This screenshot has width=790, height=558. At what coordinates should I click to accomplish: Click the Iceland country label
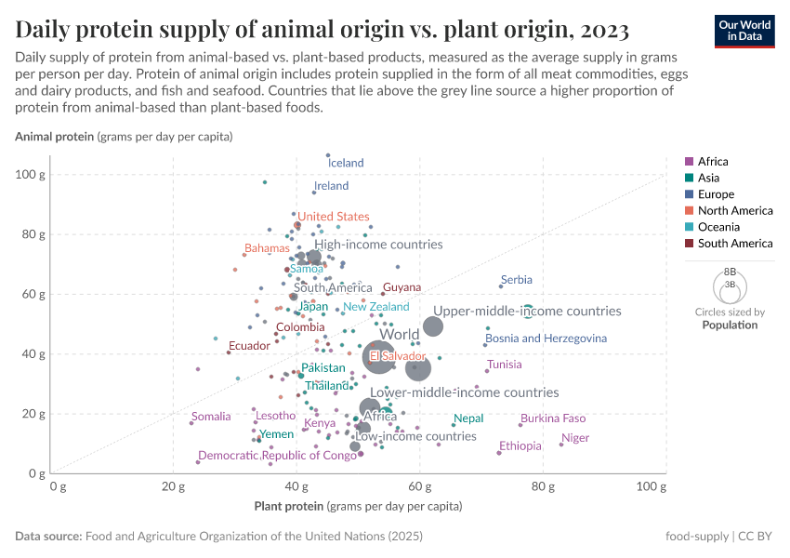pos(346,163)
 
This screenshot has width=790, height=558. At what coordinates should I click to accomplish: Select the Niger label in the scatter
pos(575,438)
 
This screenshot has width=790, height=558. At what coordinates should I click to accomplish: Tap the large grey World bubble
pos(378,356)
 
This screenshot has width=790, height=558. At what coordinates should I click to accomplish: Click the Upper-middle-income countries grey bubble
pos(433,326)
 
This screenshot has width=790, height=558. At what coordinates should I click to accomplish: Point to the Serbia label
pos(516,280)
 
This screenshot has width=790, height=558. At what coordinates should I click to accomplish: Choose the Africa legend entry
pos(713,162)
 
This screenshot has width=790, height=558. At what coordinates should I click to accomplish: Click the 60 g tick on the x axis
pos(419,485)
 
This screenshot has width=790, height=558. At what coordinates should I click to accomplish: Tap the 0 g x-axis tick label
pos(58,485)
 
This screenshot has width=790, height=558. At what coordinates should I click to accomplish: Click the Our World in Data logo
pos(744,30)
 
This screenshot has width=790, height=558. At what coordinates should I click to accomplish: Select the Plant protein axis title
pos(357,507)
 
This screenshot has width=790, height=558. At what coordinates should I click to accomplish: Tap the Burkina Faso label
pos(553,418)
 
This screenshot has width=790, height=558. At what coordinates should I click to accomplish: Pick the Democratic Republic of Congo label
pos(277,456)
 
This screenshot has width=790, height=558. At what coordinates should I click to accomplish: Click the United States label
pos(333,217)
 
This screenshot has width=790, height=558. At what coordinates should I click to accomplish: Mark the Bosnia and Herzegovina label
pos(546,339)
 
